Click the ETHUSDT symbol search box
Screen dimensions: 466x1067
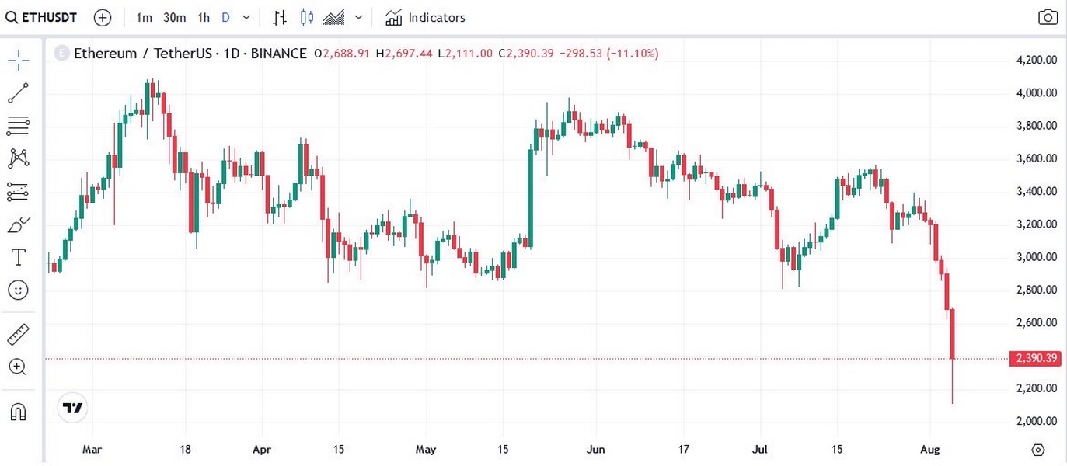tap(43, 17)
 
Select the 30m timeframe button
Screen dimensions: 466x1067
tap(174, 17)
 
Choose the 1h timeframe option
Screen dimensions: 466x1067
tap(204, 17)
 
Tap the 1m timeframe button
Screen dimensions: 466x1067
tap(144, 17)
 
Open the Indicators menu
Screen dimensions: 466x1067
tap(426, 17)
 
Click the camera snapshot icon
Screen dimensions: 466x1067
tap(1048, 17)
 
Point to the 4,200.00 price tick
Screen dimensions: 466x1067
tap(1037, 60)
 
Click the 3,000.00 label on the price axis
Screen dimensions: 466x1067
tap(1037, 257)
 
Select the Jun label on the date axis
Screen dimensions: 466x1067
tap(596, 449)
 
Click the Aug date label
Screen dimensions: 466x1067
tap(930, 449)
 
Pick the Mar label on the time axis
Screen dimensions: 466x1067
tap(92, 449)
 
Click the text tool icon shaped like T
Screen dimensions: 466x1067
tap(18, 257)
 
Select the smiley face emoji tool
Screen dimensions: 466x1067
tap(18, 290)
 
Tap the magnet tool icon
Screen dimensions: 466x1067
tap(18, 412)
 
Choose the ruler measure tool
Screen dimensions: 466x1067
tap(18, 335)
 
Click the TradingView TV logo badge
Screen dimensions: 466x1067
tap(73, 408)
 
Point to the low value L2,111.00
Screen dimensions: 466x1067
tap(465, 54)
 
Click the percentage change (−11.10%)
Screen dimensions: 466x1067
tap(633, 54)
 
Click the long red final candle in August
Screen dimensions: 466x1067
tap(952, 334)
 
